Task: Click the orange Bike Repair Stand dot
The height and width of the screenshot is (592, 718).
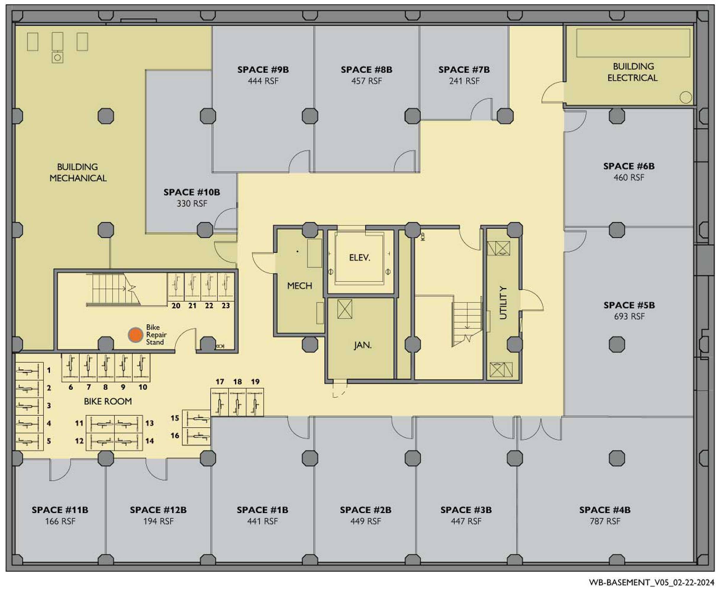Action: [135, 335]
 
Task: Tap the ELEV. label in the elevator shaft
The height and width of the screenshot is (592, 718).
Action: [359, 258]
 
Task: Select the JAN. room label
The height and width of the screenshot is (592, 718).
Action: [362, 345]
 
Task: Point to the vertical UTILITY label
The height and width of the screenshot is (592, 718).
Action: [503, 303]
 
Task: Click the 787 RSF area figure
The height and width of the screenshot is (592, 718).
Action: [605, 521]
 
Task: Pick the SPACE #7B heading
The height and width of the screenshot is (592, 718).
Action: [464, 70]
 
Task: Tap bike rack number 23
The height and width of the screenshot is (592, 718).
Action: [225, 305]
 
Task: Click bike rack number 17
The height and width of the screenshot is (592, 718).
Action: [220, 382]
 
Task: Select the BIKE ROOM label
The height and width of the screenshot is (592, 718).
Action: [108, 401]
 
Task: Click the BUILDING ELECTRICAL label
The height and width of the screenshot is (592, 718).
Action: [633, 72]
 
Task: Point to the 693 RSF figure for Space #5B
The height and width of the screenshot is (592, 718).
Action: [629, 316]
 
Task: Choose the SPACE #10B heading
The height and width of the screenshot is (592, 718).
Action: [192, 192]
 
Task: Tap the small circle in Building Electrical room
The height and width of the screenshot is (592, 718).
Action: [686, 97]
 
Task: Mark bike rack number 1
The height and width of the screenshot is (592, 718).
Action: [49, 370]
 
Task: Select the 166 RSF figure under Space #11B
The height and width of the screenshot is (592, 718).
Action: [60, 521]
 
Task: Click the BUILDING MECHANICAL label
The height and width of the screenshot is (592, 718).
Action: [78, 172]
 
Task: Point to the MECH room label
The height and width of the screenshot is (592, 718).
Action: [299, 286]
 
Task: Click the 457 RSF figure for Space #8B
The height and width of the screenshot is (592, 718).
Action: [367, 81]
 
